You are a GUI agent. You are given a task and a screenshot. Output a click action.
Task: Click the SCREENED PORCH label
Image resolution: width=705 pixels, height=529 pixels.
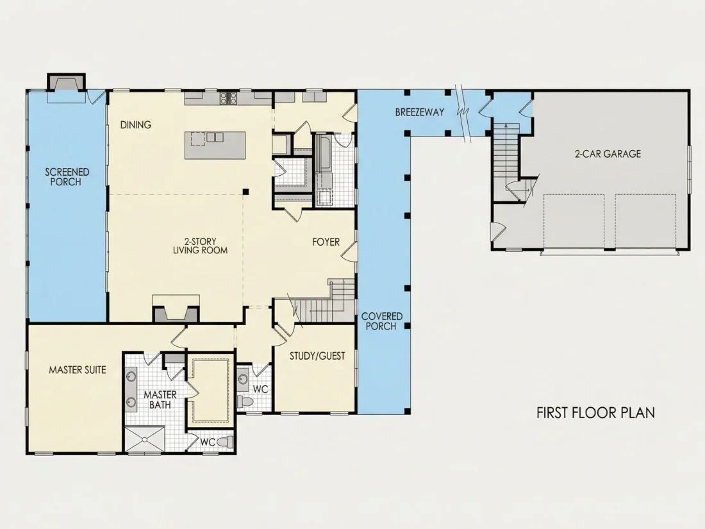click(67, 177)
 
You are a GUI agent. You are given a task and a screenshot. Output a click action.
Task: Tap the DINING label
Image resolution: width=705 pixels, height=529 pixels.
click(135, 124)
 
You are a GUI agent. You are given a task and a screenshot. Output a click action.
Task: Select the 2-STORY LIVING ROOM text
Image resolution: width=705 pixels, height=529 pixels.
click(200, 246)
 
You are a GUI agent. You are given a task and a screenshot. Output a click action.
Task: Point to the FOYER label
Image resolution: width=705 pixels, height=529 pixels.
click(326, 242)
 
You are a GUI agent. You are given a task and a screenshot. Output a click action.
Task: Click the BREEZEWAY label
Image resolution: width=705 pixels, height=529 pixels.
click(420, 112)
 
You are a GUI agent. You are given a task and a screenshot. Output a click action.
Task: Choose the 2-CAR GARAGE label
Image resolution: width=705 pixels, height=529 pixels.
click(608, 154)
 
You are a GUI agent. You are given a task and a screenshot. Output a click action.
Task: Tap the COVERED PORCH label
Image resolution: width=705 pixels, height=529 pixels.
click(382, 321)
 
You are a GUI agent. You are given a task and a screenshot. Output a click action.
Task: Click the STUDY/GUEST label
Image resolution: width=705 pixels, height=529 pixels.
click(317, 356)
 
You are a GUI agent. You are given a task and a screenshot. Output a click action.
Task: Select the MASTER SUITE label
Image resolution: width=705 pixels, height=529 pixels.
click(78, 370)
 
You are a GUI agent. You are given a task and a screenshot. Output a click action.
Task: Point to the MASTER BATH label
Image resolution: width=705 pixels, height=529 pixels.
click(160, 399)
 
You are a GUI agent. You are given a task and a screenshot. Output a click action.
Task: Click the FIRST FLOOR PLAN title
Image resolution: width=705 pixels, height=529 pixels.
click(596, 412)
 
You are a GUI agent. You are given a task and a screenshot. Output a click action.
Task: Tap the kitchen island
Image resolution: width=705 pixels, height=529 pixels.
click(215, 145)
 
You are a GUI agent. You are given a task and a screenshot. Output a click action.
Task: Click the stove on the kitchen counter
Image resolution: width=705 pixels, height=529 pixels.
click(228, 98)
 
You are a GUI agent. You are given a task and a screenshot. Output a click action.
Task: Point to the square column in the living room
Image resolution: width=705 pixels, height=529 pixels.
click(245, 192)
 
